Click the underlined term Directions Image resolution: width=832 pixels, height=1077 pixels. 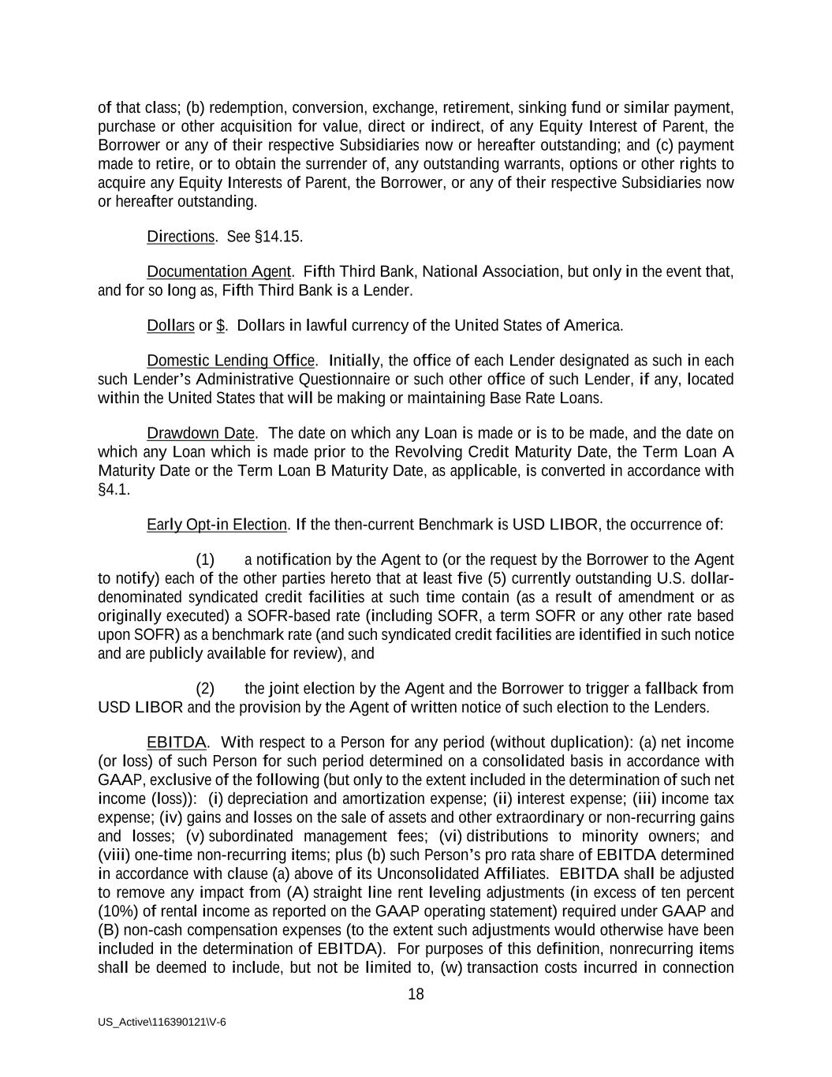pos(181,237)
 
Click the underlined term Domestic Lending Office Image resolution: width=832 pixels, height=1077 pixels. pos(230,361)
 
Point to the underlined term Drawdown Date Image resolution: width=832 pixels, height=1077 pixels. pos(200,433)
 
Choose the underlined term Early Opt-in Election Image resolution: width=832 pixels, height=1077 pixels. pos(216,525)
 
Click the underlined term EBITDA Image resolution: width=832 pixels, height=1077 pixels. pos(176,742)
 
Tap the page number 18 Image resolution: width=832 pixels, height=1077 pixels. pos(416,994)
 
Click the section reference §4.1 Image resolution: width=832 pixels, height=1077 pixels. pos(114,490)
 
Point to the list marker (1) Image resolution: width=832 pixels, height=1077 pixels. pos(204,560)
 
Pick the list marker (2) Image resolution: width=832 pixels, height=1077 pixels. pos(204,689)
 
